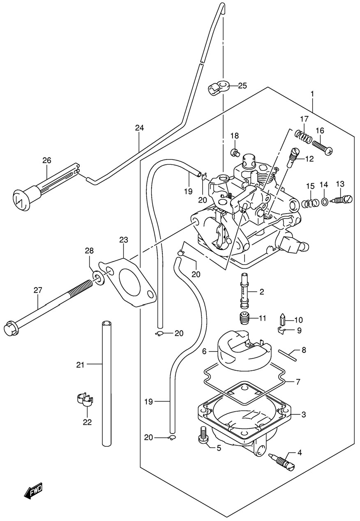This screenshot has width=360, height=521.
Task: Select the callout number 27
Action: (x=38, y=290)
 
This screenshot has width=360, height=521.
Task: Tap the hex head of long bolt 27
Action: (x=10, y=329)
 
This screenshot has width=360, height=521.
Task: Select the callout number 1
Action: (x=312, y=94)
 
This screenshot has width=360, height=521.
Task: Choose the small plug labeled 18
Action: (x=235, y=153)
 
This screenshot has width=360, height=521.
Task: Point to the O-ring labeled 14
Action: (x=324, y=201)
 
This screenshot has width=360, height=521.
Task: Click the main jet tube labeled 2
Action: (x=245, y=293)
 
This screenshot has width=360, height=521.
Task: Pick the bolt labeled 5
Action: (x=203, y=436)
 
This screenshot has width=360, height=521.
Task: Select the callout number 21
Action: (x=81, y=364)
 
